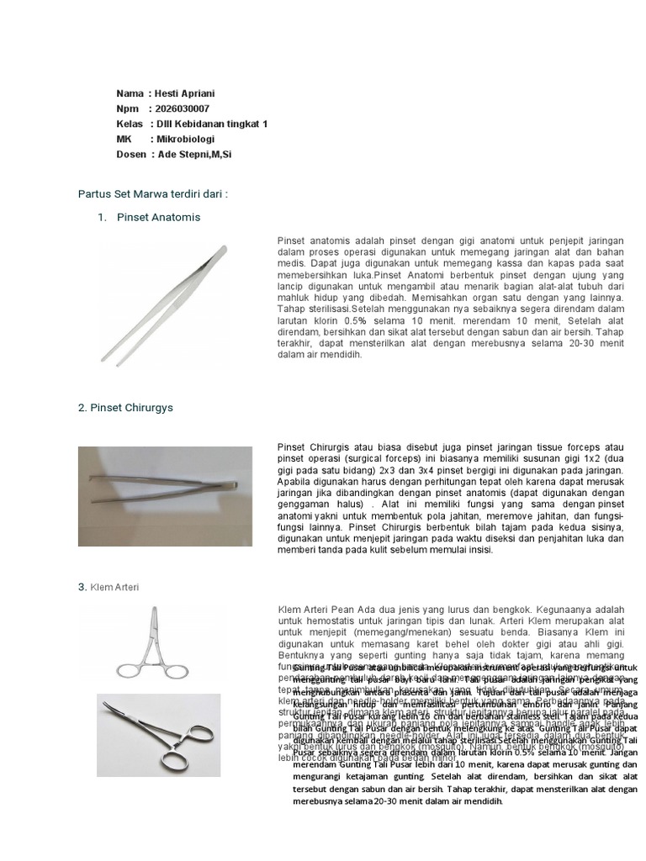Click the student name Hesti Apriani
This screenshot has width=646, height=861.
click(185, 93)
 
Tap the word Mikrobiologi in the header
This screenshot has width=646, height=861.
click(185, 139)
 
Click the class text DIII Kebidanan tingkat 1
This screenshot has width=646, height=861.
click(210, 124)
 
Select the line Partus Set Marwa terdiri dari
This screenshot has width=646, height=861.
click(152, 193)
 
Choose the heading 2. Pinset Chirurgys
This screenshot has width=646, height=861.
click(125, 408)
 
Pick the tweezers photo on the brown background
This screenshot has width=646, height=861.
click(165, 486)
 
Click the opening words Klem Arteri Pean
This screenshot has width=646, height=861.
click(316, 610)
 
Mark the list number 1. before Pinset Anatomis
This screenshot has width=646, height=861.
click(102, 218)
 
